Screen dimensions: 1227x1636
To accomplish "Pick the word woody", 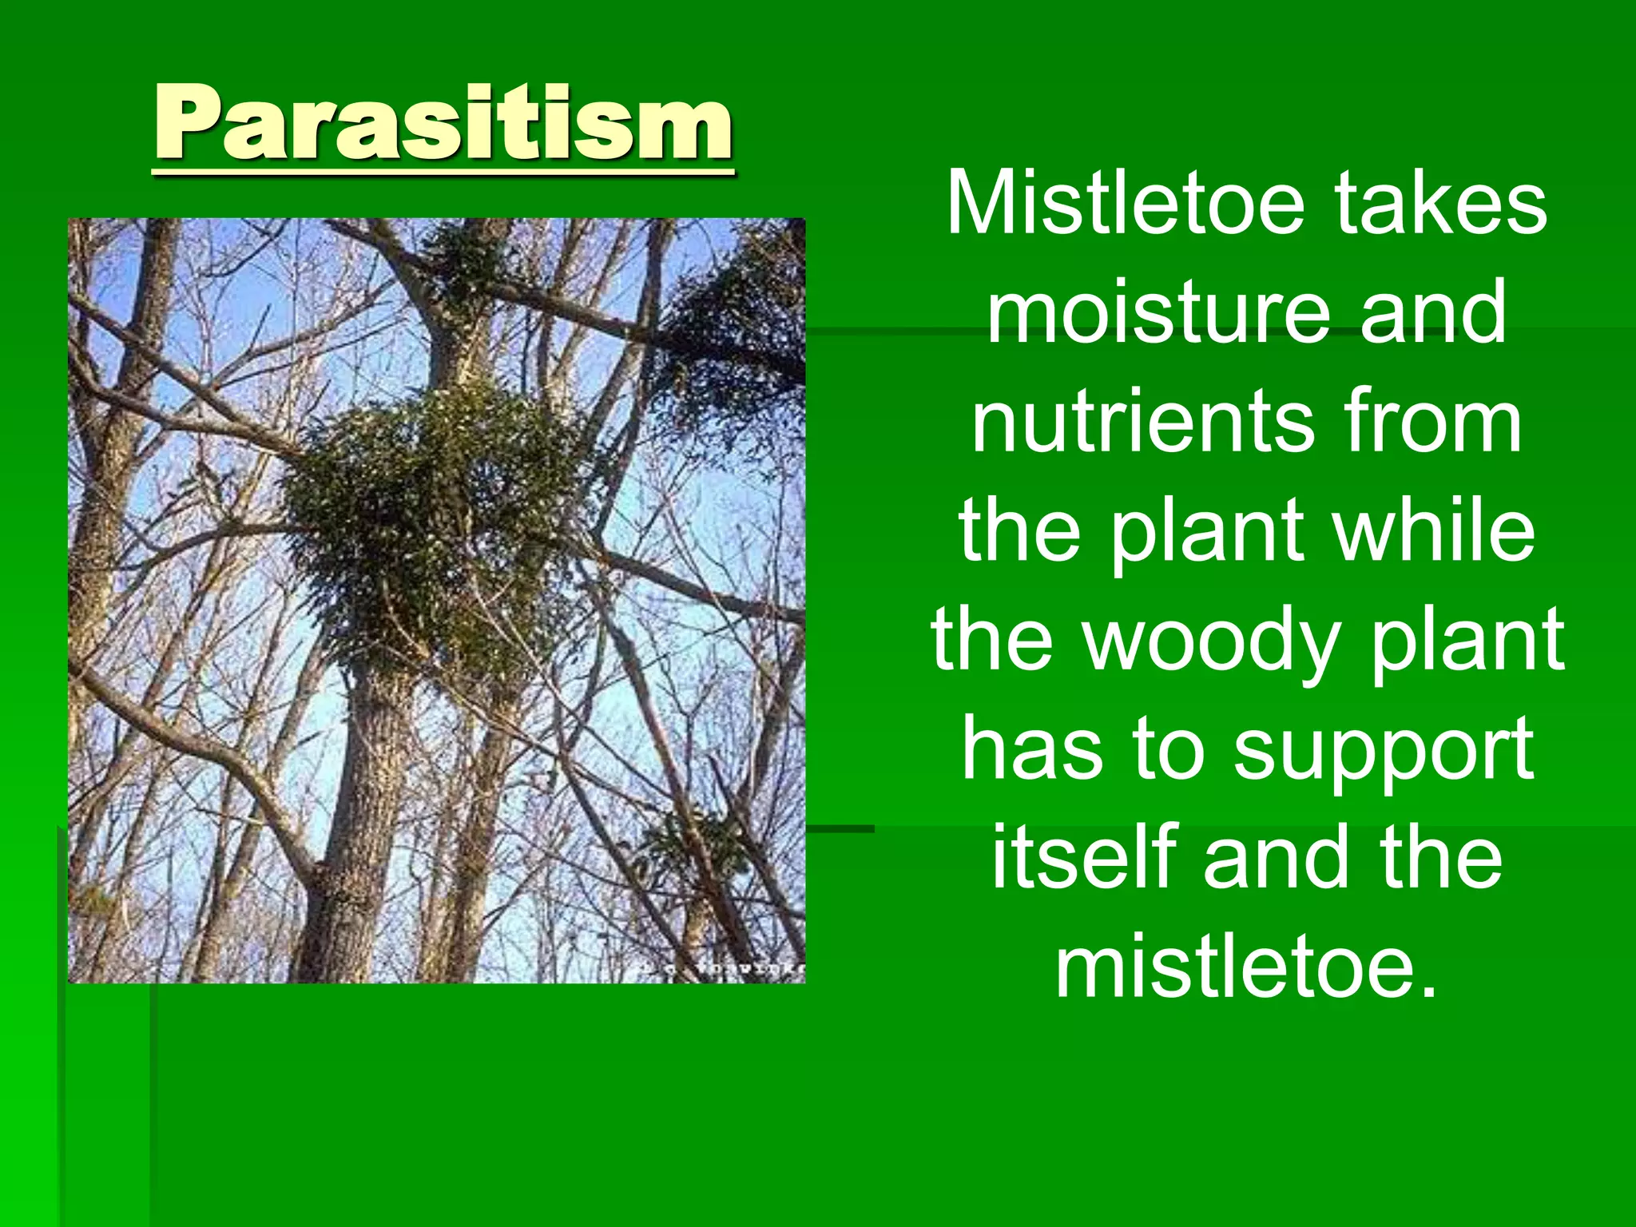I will point(1210,639).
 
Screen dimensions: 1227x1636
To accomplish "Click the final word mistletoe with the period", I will point(1246,967).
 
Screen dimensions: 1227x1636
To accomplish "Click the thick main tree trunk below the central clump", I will point(363,799).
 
